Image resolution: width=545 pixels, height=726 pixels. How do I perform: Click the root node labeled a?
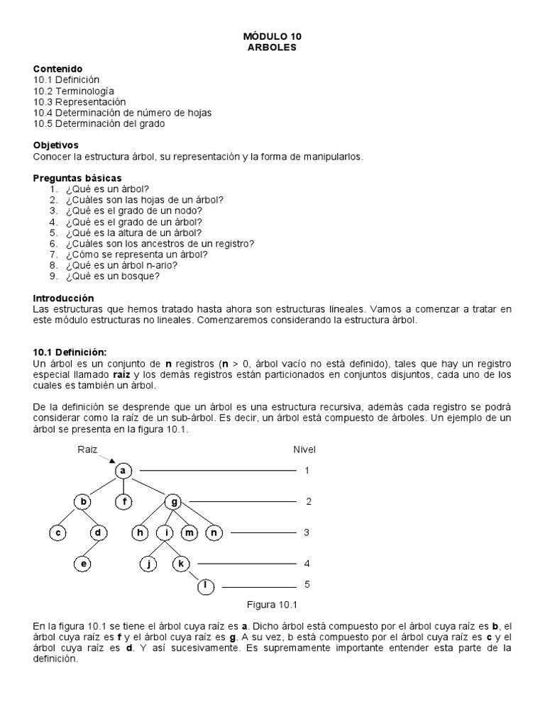click(x=123, y=471)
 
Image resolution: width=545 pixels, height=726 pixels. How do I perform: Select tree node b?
click(x=83, y=502)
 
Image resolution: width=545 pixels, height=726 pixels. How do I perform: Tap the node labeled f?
click(x=123, y=502)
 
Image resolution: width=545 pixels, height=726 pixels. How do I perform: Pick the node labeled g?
click(x=173, y=502)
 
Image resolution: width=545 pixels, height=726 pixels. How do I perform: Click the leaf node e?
click(x=83, y=564)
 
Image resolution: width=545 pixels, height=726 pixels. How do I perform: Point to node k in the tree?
click(x=181, y=564)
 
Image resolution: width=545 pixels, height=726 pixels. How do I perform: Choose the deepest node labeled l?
click(x=206, y=586)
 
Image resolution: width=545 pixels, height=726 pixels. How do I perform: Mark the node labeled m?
click(x=189, y=533)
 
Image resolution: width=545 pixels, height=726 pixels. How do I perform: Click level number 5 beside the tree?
click(x=307, y=585)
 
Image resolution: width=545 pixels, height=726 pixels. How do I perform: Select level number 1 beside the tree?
click(x=307, y=471)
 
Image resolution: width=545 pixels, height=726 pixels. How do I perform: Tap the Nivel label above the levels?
click(x=304, y=449)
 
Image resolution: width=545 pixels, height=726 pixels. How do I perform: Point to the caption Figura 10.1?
click(x=271, y=605)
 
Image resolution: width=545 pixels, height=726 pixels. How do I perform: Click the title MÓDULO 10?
click(x=272, y=35)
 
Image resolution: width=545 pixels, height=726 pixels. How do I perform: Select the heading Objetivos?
click(x=56, y=145)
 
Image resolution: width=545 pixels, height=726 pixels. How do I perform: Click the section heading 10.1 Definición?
click(x=70, y=352)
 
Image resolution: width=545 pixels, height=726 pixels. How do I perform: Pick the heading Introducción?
click(x=63, y=298)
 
